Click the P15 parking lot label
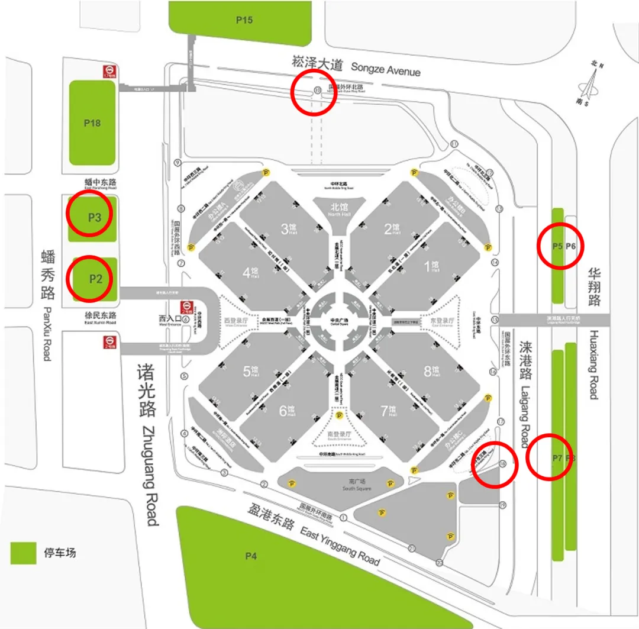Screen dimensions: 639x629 click(x=244, y=20)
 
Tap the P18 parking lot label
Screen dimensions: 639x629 click(x=92, y=123)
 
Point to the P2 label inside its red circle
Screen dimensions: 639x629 click(x=96, y=278)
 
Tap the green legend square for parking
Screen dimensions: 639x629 click(x=24, y=553)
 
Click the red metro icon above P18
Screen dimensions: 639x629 click(x=108, y=71)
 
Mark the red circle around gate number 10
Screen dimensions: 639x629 click(x=314, y=92)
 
